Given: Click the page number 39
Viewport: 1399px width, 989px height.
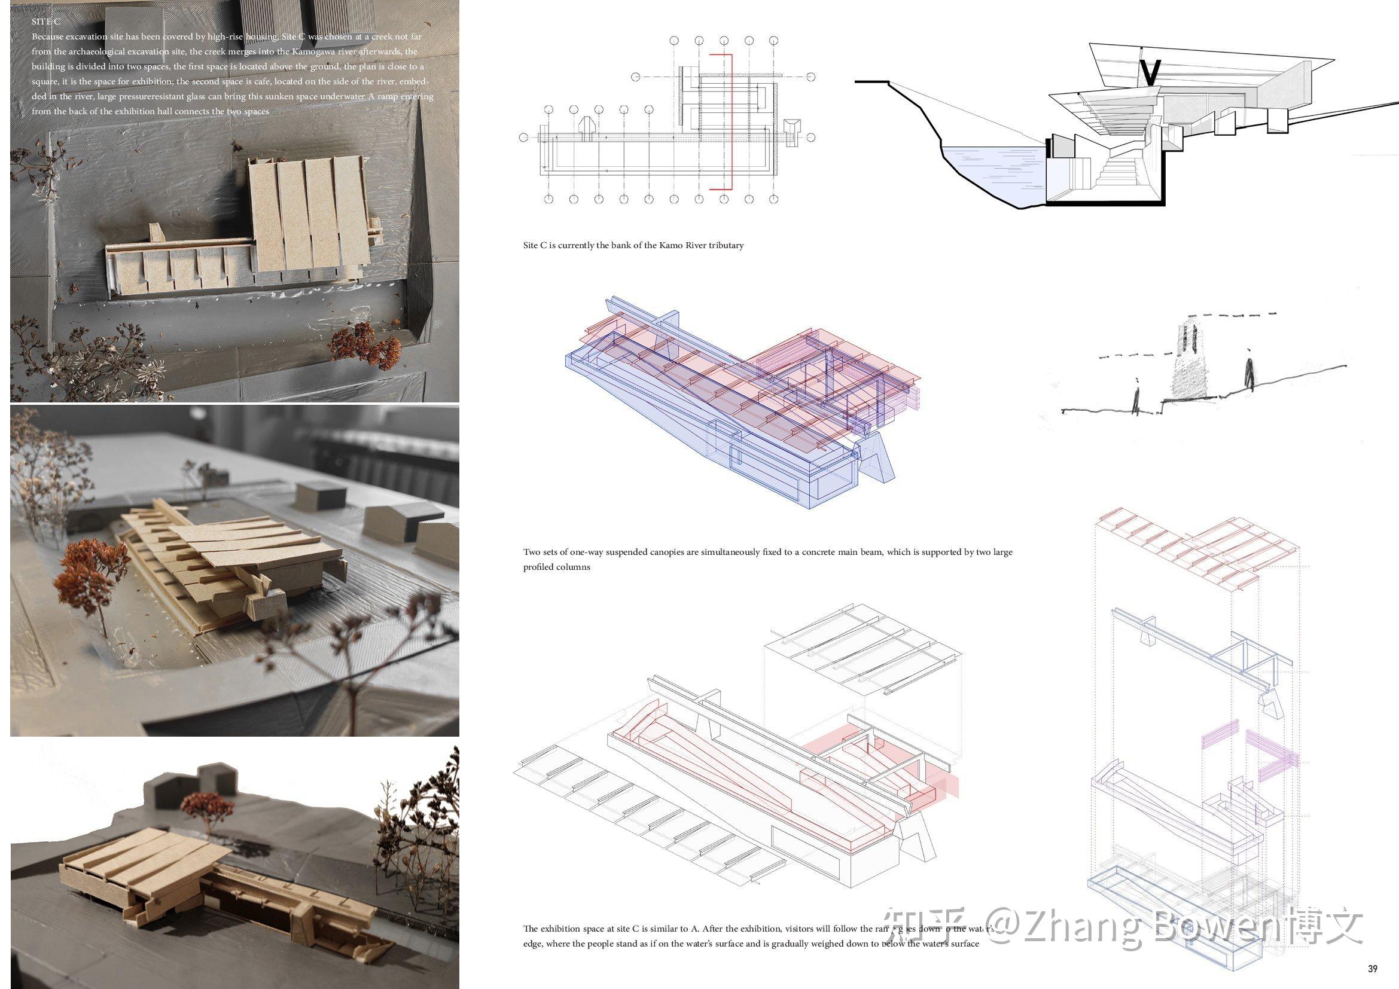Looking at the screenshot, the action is point(1372,969).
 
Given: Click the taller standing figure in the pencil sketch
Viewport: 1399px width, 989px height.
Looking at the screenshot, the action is point(1249,372).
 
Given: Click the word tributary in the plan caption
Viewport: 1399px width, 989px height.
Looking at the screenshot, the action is point(726,245).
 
